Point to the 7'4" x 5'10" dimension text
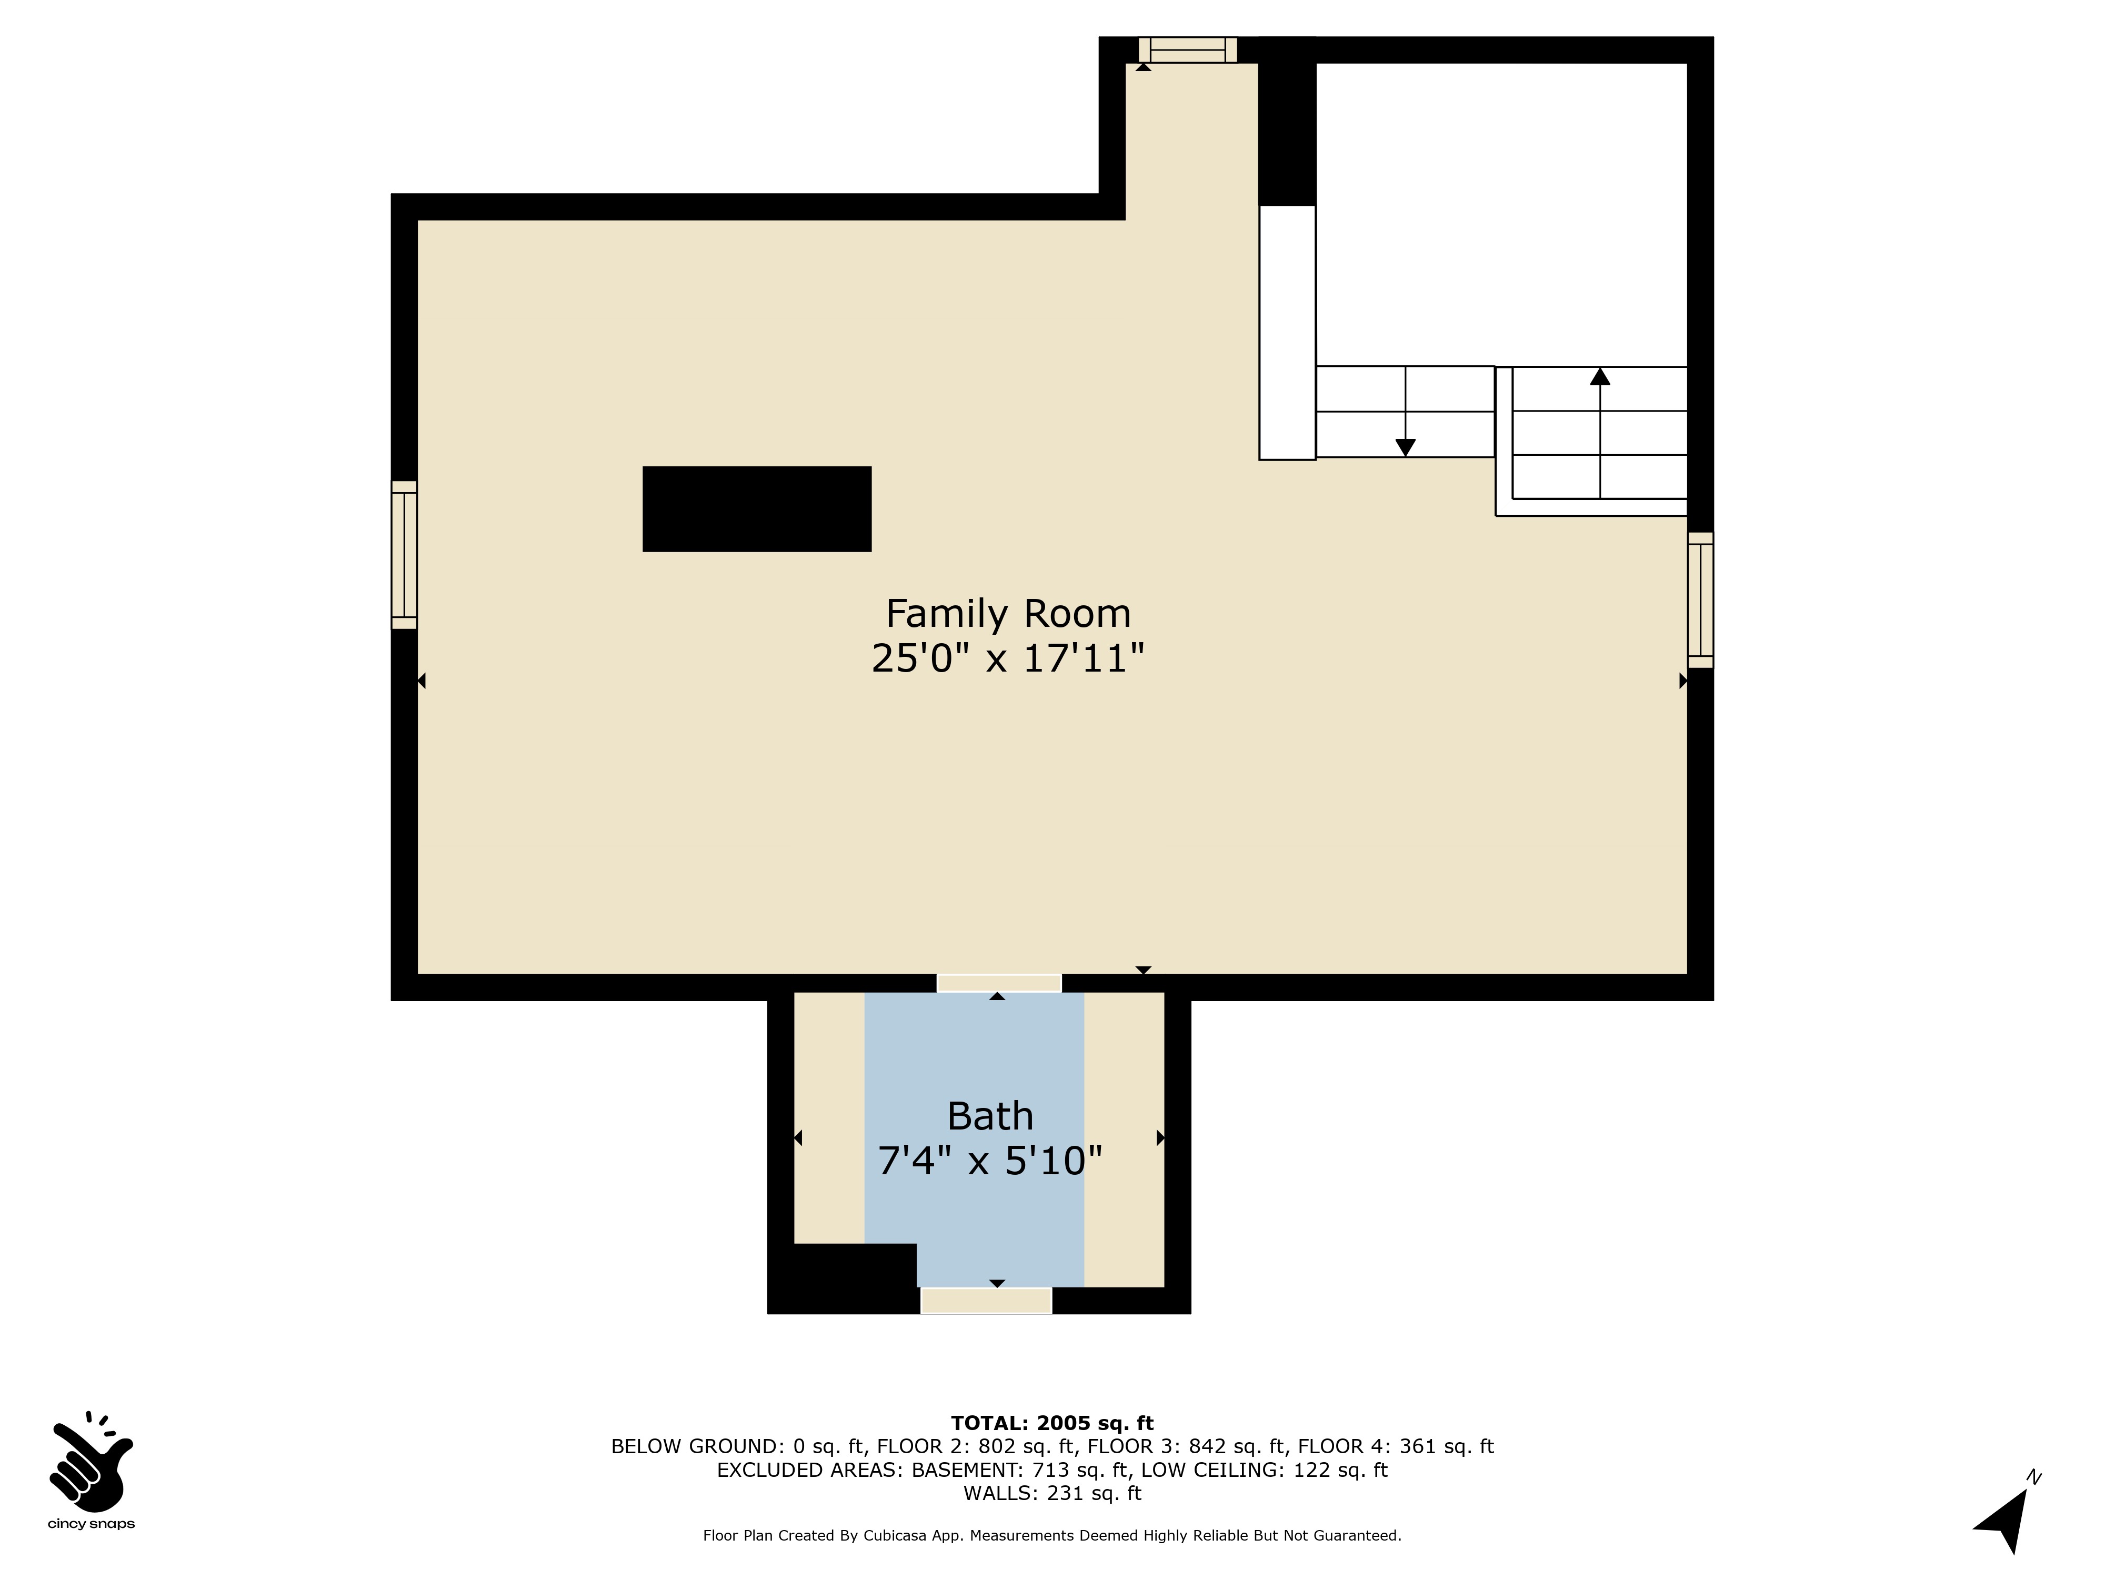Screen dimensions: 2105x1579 click(x=990, y=1160)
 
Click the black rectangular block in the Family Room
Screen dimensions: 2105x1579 click(x=757, y=509)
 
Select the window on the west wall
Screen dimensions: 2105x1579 click(x=405, y=555)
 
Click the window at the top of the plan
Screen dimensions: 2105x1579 click(x=1188, y=49)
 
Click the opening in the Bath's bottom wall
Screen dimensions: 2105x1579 click(x=986, y=1300)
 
